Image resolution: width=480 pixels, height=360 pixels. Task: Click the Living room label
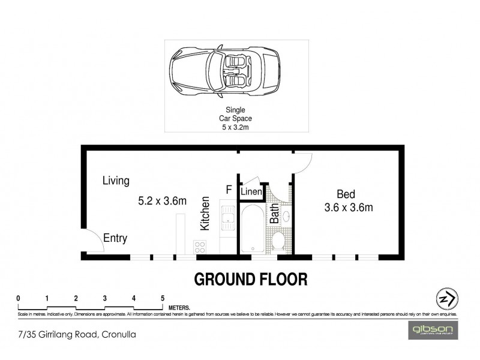pos(116,180)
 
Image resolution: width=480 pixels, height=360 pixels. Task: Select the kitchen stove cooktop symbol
pos(200,246)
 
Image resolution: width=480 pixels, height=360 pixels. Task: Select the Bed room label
pos(346,194)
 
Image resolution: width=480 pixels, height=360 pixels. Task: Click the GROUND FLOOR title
pos(250,279)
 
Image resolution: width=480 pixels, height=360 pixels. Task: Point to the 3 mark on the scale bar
pos(105,298)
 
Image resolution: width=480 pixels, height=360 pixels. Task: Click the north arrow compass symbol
pos(445,298)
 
